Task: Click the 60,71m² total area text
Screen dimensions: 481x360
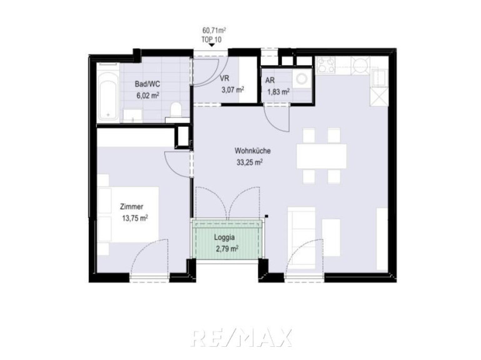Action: [x=214, y=31]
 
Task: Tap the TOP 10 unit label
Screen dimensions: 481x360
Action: [x=211, y=39]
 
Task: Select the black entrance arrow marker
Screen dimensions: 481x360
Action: [x=211, y=45]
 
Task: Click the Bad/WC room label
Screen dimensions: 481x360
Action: [x=148, y=84]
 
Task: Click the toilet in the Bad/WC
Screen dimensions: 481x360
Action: [x=176, y=110]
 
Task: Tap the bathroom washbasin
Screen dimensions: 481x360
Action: [x=133, y=116]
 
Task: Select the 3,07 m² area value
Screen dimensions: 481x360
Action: [x=233, y=90]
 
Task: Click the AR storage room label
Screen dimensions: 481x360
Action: [x=270, y=81]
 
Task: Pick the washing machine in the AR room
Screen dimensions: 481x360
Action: [x=302, y=79]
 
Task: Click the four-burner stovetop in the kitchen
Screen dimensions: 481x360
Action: [x=325, y=66]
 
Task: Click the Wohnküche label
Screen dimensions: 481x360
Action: [x=253, y=151]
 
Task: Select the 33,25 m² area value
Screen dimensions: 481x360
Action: [x=250, y=162]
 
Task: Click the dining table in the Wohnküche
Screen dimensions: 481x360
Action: [x=322, y=156]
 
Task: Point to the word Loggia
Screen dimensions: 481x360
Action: [x=225, y=237]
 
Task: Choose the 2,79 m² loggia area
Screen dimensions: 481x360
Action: [x=227, y=249]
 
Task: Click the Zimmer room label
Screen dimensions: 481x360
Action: [x=131, y=207]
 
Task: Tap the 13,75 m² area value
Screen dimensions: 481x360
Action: [x=135, y=218]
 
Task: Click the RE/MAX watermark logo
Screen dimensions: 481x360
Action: [x=241, y=337]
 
